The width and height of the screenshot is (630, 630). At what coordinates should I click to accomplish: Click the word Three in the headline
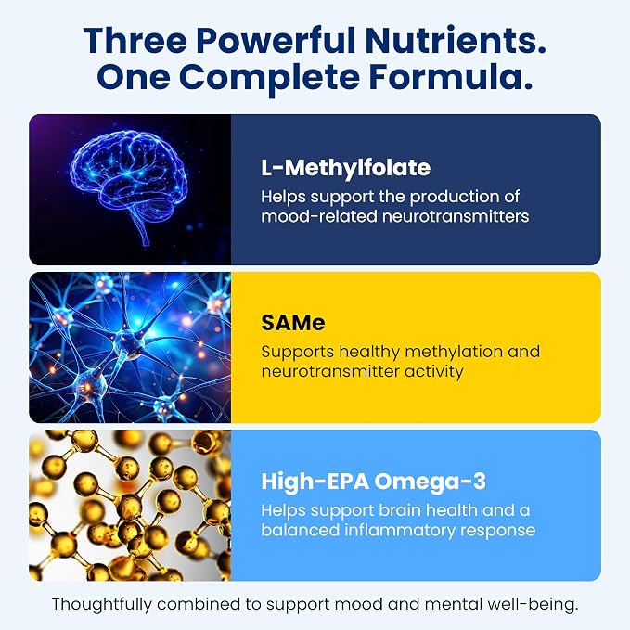click(135, 41)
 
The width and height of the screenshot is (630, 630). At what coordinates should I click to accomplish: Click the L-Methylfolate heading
click(345, 168)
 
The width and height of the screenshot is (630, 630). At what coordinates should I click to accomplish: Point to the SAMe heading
click(293, 323)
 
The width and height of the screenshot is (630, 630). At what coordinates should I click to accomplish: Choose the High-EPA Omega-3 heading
click(374, 482)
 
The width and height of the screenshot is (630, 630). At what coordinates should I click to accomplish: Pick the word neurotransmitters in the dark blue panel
click(456, 216)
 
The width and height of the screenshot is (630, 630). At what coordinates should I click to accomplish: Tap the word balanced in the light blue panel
click(300, 530)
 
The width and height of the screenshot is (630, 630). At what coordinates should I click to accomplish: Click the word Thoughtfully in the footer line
click(102, 605)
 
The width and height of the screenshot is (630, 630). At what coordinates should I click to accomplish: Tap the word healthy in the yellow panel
click(369, 353)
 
